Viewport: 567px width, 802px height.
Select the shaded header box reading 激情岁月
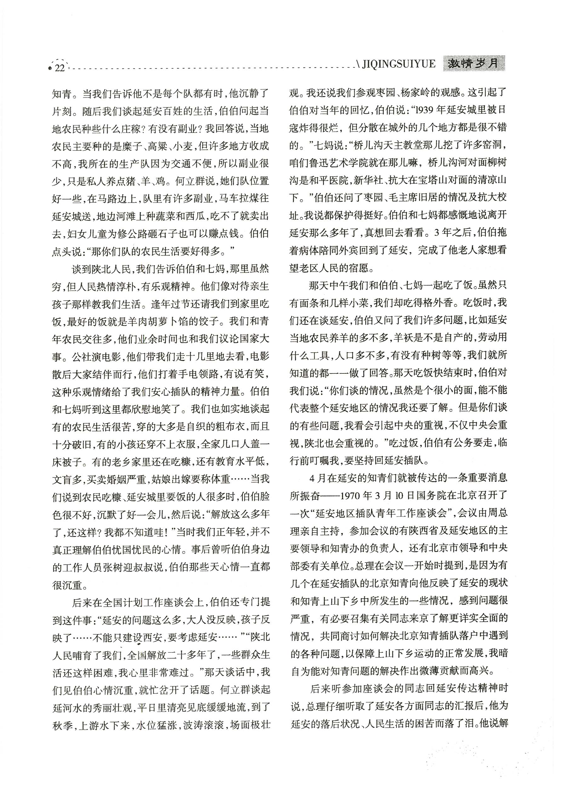[474, 64]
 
